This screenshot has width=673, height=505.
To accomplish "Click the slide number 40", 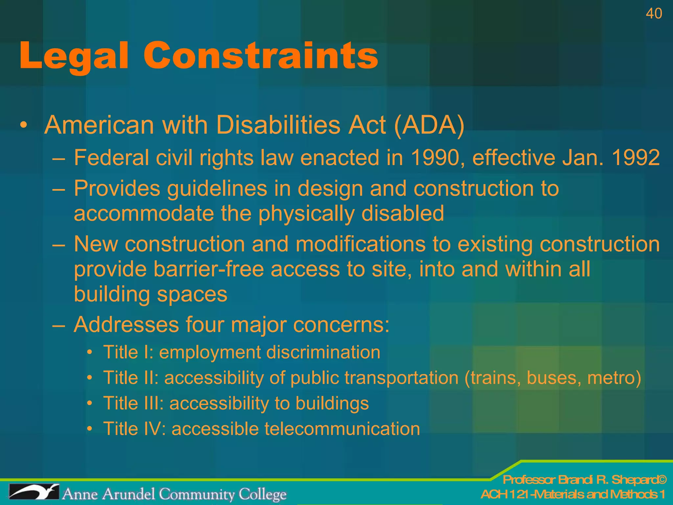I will (x=654, y=14).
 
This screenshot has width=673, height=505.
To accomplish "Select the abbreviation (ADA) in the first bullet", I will (x=429, y=125).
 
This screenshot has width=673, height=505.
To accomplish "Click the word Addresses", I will (x=126, y=325).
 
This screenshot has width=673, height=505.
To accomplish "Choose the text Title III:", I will (x=133, y=403).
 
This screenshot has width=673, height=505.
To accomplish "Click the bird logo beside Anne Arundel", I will (x=34, y=492).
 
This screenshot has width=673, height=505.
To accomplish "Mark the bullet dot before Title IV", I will (x=90, y=429).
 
